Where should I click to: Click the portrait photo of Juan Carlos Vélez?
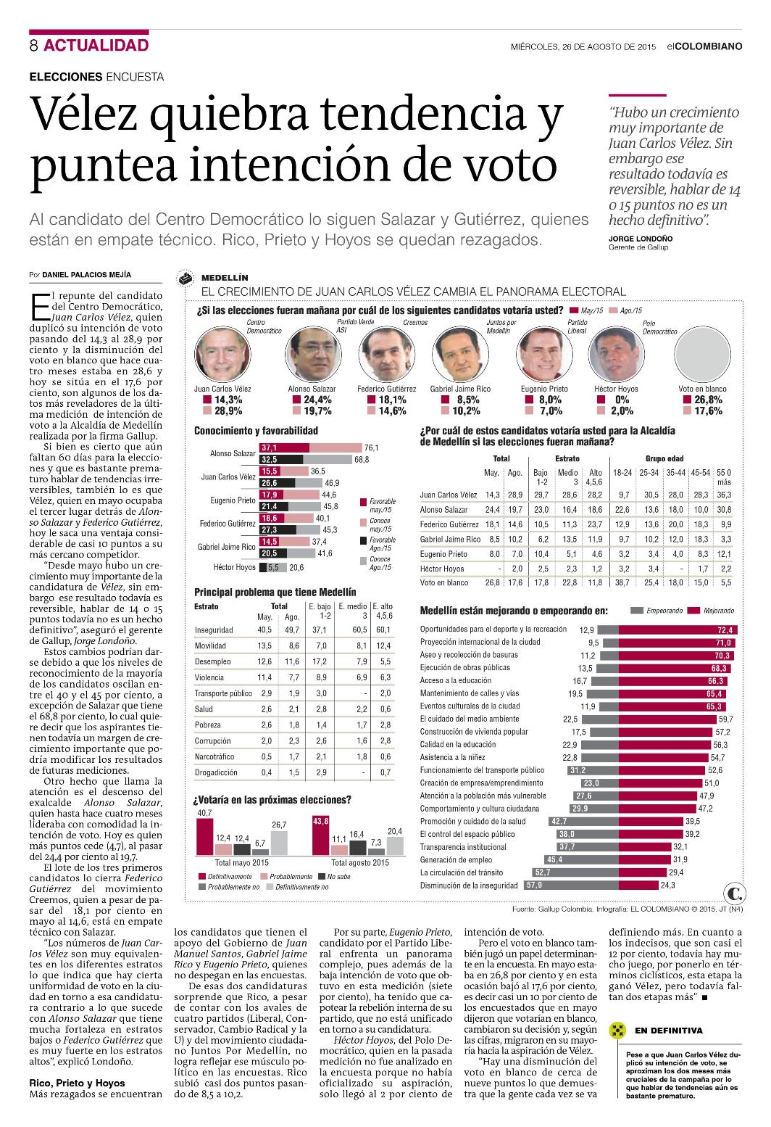(222, 354)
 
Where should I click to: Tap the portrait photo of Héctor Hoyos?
(616, 354)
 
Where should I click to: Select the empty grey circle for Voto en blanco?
(702, 354)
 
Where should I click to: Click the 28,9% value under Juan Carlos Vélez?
(228, 411)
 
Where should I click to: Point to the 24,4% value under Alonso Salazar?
(317, 400)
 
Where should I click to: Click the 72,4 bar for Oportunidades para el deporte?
(678, 629)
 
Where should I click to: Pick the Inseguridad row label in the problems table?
(214, 630)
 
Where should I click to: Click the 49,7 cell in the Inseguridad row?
(292, 630)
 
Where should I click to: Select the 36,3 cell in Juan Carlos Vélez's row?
(724, 495)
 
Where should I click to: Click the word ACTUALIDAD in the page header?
(96, 45)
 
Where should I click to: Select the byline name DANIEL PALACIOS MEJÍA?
(86, 275)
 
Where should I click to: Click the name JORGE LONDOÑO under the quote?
(641, 239)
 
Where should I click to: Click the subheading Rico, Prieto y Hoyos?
(77, 1083)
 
